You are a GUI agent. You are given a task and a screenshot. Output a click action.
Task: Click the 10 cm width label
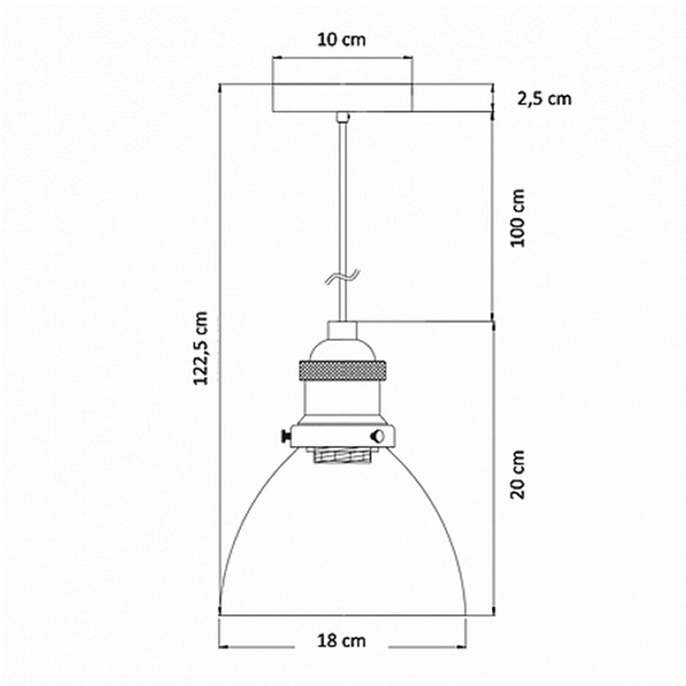[342, 40]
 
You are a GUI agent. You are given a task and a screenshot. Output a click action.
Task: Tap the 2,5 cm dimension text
[543, 99]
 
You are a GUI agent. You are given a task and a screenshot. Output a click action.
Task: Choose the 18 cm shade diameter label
[342, 641]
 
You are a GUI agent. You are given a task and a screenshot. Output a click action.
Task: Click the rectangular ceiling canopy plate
[343, 98]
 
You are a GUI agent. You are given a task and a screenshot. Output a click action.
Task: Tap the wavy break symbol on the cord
[342, 276]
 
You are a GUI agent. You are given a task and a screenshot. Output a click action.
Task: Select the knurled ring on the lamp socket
[342, 371]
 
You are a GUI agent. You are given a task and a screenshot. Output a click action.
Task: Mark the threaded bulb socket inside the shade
[342, 453]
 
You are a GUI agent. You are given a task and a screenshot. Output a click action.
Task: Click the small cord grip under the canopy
[342, 117]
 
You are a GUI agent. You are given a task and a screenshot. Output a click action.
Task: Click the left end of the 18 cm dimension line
[221, 646]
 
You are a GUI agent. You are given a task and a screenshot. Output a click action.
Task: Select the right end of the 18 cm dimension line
[466, 646]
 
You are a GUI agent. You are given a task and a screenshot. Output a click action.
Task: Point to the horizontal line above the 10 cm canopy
[343, 59]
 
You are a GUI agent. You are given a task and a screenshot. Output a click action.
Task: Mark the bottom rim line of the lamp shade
[343, 613]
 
